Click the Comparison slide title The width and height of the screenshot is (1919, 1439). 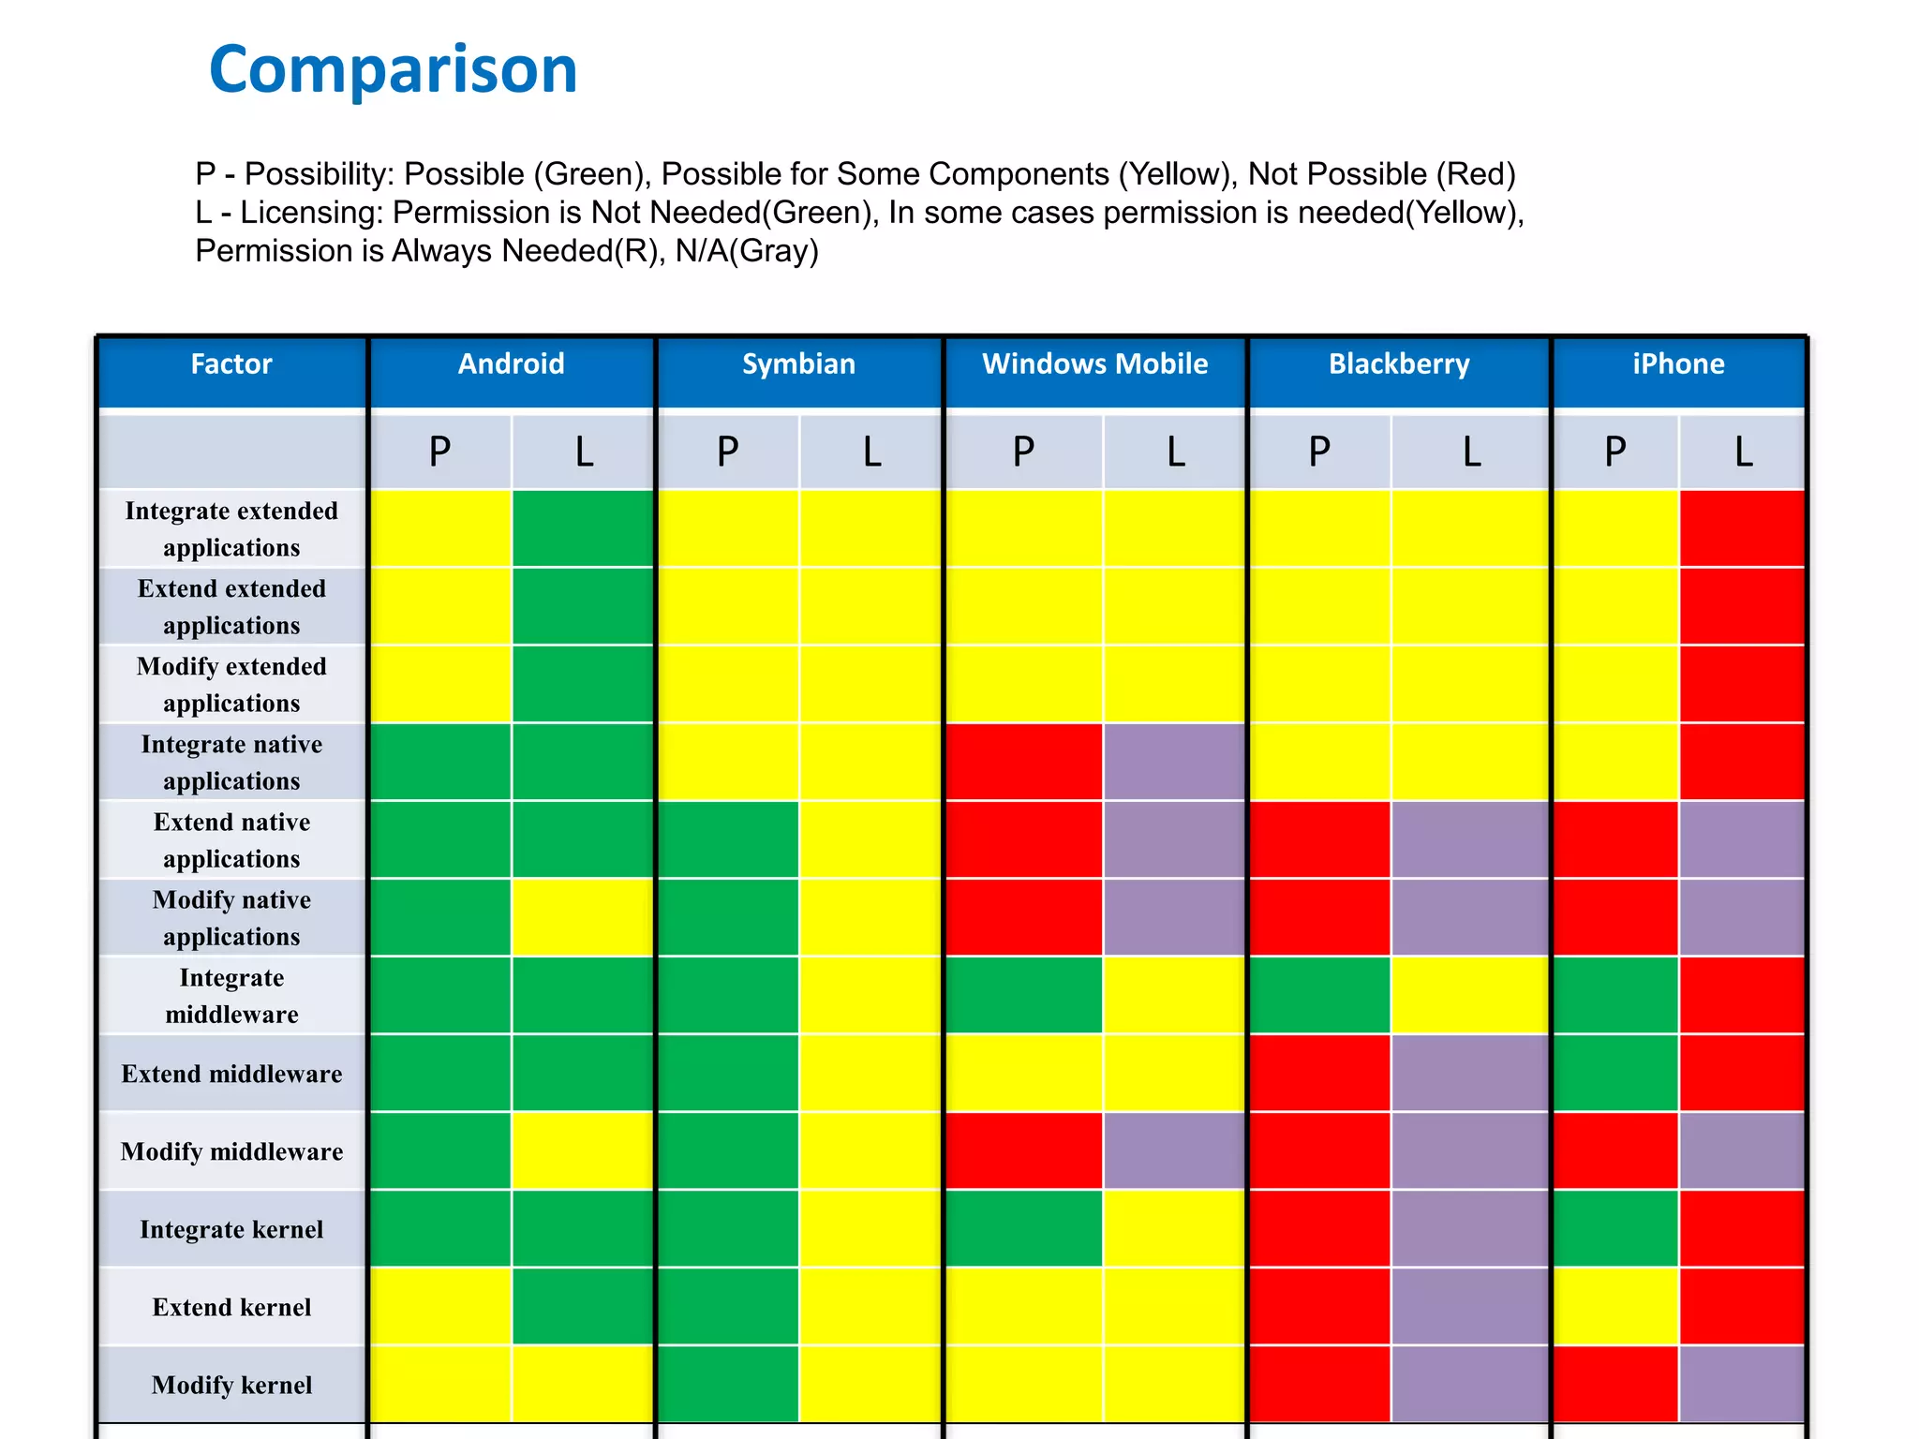[393, 70]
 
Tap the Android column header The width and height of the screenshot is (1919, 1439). [511, 364]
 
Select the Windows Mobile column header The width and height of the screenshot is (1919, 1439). [1094, 364]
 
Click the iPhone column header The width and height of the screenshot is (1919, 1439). [1677, 364]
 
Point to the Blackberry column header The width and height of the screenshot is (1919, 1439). [1398, 364]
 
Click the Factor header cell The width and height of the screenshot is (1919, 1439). [231, 364]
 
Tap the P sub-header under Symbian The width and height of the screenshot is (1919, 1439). [728, 452]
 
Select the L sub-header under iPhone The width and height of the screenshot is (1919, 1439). [1742, 452]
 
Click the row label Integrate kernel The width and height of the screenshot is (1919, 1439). [231, 1229]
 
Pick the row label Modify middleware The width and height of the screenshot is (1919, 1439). [231, 1151]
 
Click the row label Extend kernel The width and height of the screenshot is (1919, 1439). [231, 1307]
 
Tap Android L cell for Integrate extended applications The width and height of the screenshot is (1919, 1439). [582, 528]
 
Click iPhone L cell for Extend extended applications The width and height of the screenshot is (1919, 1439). [1742, 606]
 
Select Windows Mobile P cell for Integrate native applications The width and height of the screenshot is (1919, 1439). [1023, 762]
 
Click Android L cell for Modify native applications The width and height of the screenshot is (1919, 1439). [582, 917]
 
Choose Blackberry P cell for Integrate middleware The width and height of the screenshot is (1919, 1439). [1319, 995]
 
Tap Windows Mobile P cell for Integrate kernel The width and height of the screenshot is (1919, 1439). [1023, 1228]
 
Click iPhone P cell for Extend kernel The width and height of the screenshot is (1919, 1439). [1615, 1306]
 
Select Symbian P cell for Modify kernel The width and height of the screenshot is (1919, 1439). [728, 1384]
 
